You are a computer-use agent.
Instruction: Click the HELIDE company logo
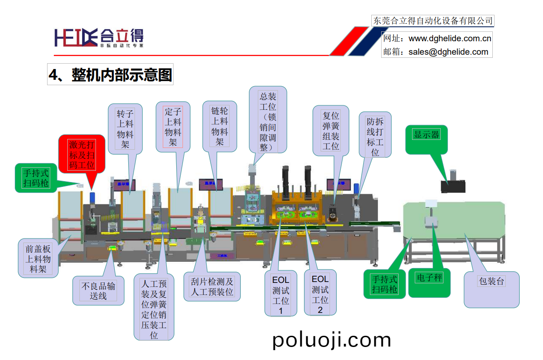pyautogui.click(x=99, y=37)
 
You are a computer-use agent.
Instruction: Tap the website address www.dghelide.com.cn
pyautogui.click(x=450, y=39)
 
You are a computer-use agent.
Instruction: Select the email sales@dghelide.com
pyautogui.click(x=448, y=52)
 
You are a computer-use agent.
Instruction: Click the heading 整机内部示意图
pyautogui.click(x=110, y=75)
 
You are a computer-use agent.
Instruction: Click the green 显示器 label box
pyautogui.click(x=426, y=134)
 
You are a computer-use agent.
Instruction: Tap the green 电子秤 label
pyautogui.click(x=429, y=278)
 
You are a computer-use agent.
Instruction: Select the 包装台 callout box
pyautogui.click(x=491, y=282)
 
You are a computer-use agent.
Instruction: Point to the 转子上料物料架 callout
pyautogui.click(x=125, y=128)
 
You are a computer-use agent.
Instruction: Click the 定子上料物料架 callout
pyautogui.click(x=173, y=126)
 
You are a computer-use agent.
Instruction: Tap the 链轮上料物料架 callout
pyautogui.click(x=220, y=126)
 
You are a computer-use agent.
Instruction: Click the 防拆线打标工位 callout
pyautogui.click(x=375, y=136)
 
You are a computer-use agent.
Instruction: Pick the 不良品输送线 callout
pyautogui.click(x=99, y=291)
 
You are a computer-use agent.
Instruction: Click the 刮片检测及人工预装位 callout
pyautogui.click(x=212, y=287)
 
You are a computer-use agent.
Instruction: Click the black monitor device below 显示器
pyautogui.click(x=453, y=185)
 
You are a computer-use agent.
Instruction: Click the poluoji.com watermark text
pyautogui.click(x=332, y=340)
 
